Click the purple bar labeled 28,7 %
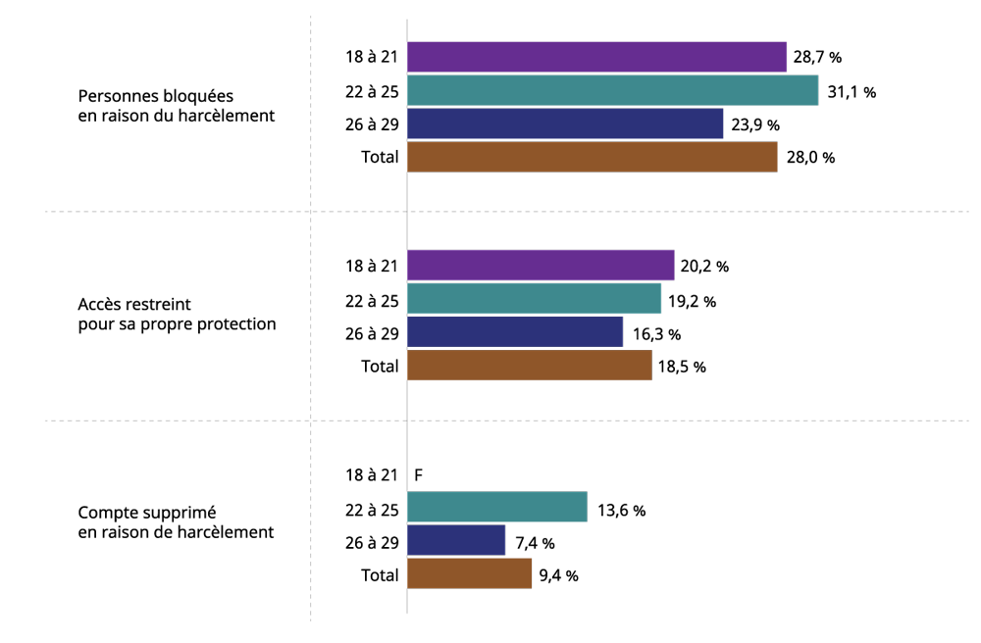point(596,57)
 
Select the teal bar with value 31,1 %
point(612,90)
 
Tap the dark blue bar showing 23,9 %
point(565,124)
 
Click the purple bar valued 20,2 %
point(541,265)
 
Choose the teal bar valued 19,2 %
point(535,298)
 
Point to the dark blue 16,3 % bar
point(515,331)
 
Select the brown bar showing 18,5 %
point(530,365)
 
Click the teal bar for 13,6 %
point(497,507)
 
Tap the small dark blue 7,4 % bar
point(456,540)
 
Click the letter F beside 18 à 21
point(419,475)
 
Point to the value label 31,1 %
point(852,92)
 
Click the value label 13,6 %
point(621,511)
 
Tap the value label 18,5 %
point(682,367)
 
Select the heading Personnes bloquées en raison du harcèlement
point(177,106)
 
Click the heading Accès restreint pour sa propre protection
point(177,315)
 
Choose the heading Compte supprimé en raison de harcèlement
point(176,522)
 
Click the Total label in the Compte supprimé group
point(379,575)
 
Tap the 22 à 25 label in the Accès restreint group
point(372,301)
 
